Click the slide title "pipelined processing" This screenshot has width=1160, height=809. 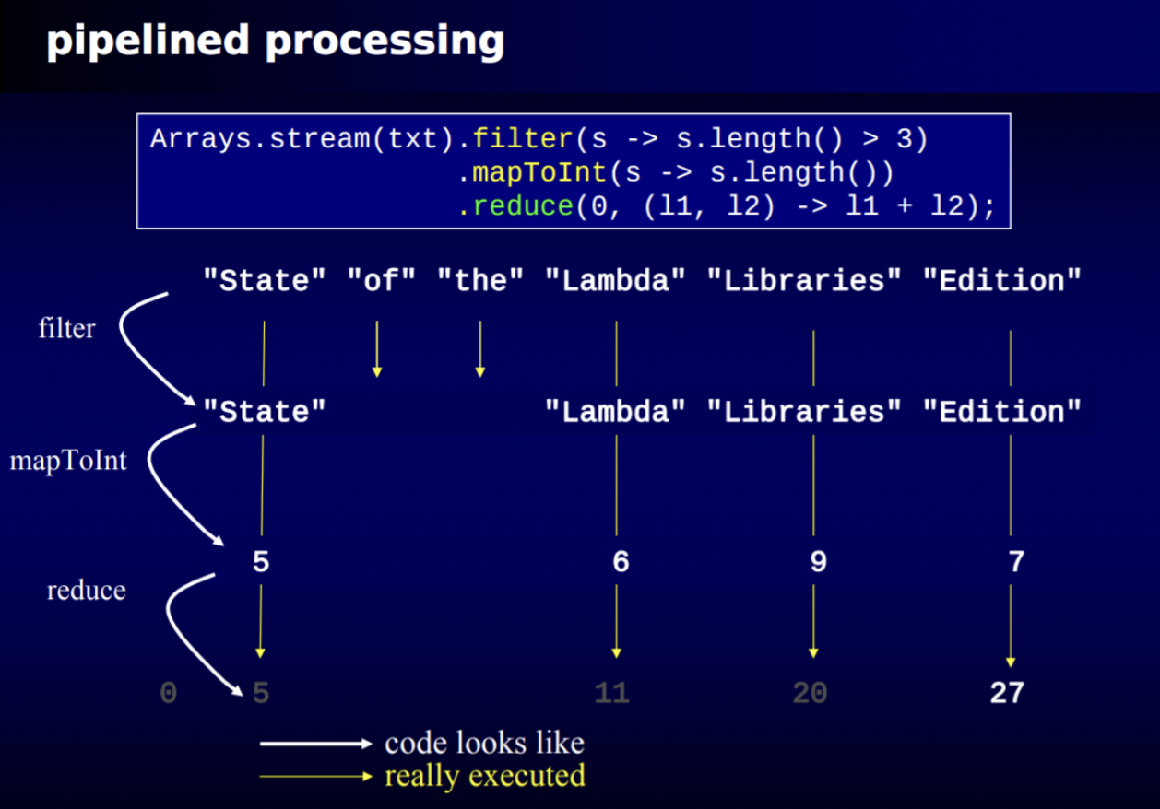pyautogui.click(x=275, y=41)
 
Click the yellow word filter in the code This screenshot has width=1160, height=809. pyautogui.click(x=523, y=138)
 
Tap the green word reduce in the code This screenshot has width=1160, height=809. pyautogui.click(x=523, y=206)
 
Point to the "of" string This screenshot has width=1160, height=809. pyautogui.click(x=381, y=280)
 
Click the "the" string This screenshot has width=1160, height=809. pyautogui.click(x=480, y=280)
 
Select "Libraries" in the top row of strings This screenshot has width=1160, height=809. pyautogui.click(x=804, y=280)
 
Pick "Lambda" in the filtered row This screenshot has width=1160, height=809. pyautogui.click(x=615, y=411)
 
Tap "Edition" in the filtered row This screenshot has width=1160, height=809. pyautogui.click(x=1002, y=411)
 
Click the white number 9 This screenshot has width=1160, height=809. pyautogui.click(x=818, y=562)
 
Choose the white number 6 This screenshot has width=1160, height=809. pyautogui.click(x=621, y=562)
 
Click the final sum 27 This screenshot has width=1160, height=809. pyautogui.click(x=1007, y=693)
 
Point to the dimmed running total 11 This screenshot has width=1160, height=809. pyautogui.click(x=611, y=693)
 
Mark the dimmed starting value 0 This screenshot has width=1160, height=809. pyautogui.click(x=168, y=693)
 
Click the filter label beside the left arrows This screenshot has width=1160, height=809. pyautogui.click(x=66, y=328)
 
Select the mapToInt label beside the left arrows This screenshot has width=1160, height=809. pyautogui.click(x=68, y=460)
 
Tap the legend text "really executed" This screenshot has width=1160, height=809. pyautogui.click(x=484, y=776)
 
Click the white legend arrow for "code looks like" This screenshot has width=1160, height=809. pyautogui.click(x=314, y=743)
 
